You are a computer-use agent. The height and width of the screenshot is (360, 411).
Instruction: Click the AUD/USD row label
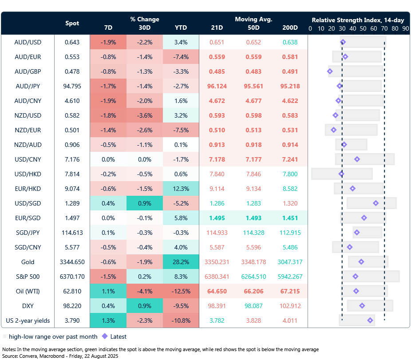click(x=28, y=42)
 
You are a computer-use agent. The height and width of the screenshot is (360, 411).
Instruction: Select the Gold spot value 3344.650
click(x=72, y=262)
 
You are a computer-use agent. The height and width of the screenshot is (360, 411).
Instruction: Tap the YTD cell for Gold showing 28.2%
click(x=181, y=262)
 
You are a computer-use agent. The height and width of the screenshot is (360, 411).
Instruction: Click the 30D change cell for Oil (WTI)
click(x=144, y=291)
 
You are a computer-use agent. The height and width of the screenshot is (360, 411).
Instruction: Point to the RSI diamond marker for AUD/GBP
click(x=330, y=71)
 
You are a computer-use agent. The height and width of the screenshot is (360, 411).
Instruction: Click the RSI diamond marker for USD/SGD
click(x=376, y=203)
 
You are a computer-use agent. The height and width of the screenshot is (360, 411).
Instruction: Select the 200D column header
click(x=290, y=28)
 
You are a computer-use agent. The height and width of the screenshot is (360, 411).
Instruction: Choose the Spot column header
click(x=72, y=23)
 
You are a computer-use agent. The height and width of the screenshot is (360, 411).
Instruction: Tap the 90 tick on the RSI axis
click(x=405, y=28)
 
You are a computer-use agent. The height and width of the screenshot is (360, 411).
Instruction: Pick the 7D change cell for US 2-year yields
click(x=108, y=320)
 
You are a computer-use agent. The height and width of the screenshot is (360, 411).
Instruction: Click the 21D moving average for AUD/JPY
click(x=217, y=86)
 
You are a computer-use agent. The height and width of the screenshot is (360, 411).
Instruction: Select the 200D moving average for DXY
click(x=290, y=306)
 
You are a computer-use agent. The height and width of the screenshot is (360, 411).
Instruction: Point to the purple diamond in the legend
click(x=105, y=336)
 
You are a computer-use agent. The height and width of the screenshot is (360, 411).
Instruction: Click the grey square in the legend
click(x=5, y=336)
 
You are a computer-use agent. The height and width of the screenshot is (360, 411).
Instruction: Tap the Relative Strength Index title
click(x=357, y=20)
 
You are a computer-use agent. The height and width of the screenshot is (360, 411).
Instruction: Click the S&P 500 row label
click(x=28, y=277)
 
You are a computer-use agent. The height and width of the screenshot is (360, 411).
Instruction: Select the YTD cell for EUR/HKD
click(x=181, y=189)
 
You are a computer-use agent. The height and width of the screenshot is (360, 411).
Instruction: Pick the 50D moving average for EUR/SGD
click(x=254, y=218)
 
